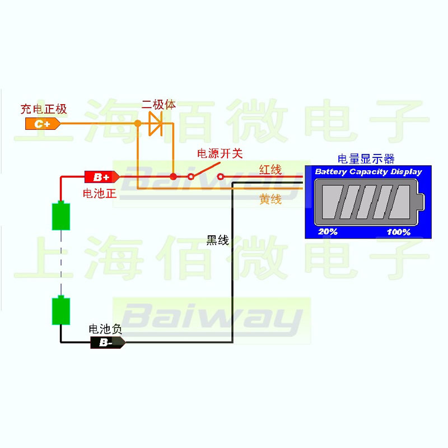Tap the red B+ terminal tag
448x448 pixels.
point(101,177)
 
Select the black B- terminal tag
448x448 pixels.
point(107,343)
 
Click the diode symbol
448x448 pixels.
point(155,123)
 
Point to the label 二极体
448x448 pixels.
point(158,105)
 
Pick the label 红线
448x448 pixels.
point(270,170)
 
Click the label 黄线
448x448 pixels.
point(270,199)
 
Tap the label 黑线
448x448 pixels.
point(218,241)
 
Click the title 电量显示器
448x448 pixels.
point(366,158)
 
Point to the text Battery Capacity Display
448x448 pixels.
point(368,172)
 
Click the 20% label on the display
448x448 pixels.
point(328,231)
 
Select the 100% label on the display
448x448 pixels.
point(398,231)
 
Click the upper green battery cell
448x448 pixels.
point(61,216)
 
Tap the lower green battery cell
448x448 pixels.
point(61,311)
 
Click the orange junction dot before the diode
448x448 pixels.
point(137,123)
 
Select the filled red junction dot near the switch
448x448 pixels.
point(174,177)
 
